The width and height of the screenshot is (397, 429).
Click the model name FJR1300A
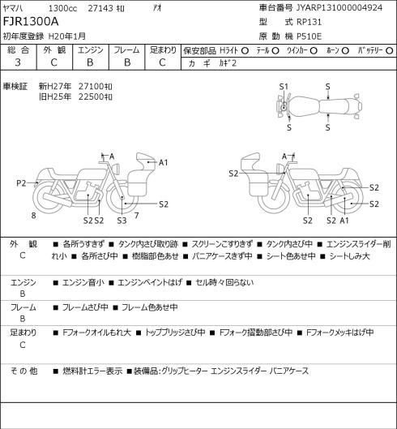pyautogui.click(x=31, y=22)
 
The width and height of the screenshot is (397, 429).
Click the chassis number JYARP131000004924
pyautogui.click(x=339, y=7)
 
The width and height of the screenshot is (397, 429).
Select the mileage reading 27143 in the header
pyautogui.click(x=100, y=8)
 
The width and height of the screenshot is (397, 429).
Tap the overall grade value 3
pyautogui.click(x=18, y=62)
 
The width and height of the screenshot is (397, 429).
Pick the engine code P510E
pyautogui.click(x=309, y=36)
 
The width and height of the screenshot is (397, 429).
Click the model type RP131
pyautogui.click(x=309, y=22)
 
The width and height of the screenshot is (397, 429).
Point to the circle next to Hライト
pyautogui.click(x=245, y=51)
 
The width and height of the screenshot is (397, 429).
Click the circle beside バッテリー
pyautogui.click(x=390, y=51)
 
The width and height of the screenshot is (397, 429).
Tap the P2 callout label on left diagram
pyautogui.click(x=21, y=183)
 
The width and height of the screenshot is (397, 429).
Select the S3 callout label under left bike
pyautogui.click(x=122, y=221)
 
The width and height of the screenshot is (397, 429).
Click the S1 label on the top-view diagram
pyautogui.click(x=284, y=87)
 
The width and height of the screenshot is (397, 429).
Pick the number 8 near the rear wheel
pyautogui.click(x=34, y=216)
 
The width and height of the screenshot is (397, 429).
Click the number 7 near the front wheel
pyautogui.click(x=136, y=216)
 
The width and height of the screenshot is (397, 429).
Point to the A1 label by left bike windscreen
pyautogui.click(x=163, y=163)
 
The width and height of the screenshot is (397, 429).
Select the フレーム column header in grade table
pyautogui.click(x=126, y=50)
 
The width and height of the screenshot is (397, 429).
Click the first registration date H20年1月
pyautogui.click(x=67, y=36)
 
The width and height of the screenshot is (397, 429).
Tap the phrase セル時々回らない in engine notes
pyautogui.click(x=224, y=282)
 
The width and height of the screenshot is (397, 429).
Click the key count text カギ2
pyautogui.click(x=228, y=63)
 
